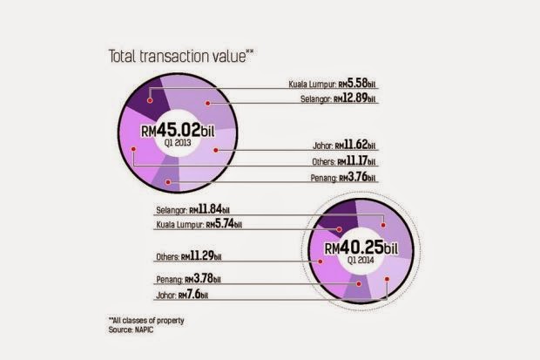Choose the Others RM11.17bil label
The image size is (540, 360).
pos(342,162)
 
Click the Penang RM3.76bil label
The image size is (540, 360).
pos(341,178)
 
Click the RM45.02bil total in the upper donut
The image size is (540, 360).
pos(178,132)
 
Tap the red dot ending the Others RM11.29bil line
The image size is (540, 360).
pos(314,257)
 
